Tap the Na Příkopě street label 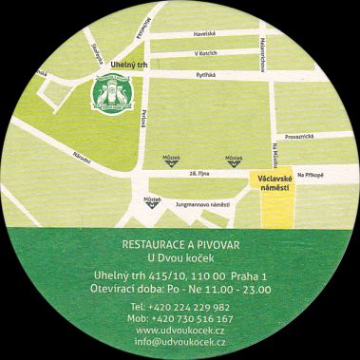point(310,175)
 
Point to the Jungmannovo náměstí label point(196,202)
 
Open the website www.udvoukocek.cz point(180,332)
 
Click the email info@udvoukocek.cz point(180,343)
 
